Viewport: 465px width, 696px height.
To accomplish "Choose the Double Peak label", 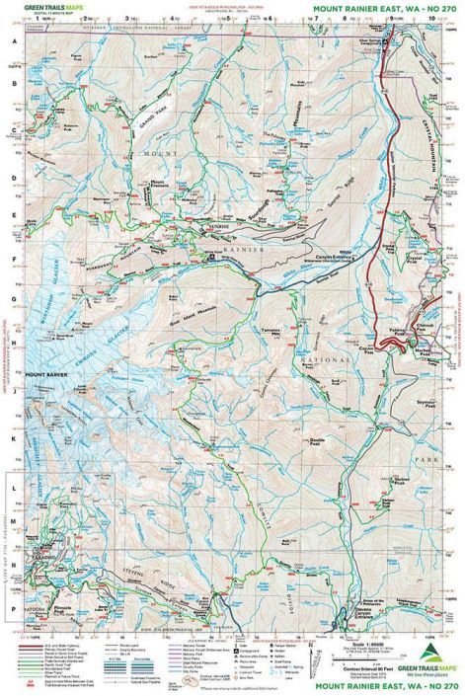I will (317, 440).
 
